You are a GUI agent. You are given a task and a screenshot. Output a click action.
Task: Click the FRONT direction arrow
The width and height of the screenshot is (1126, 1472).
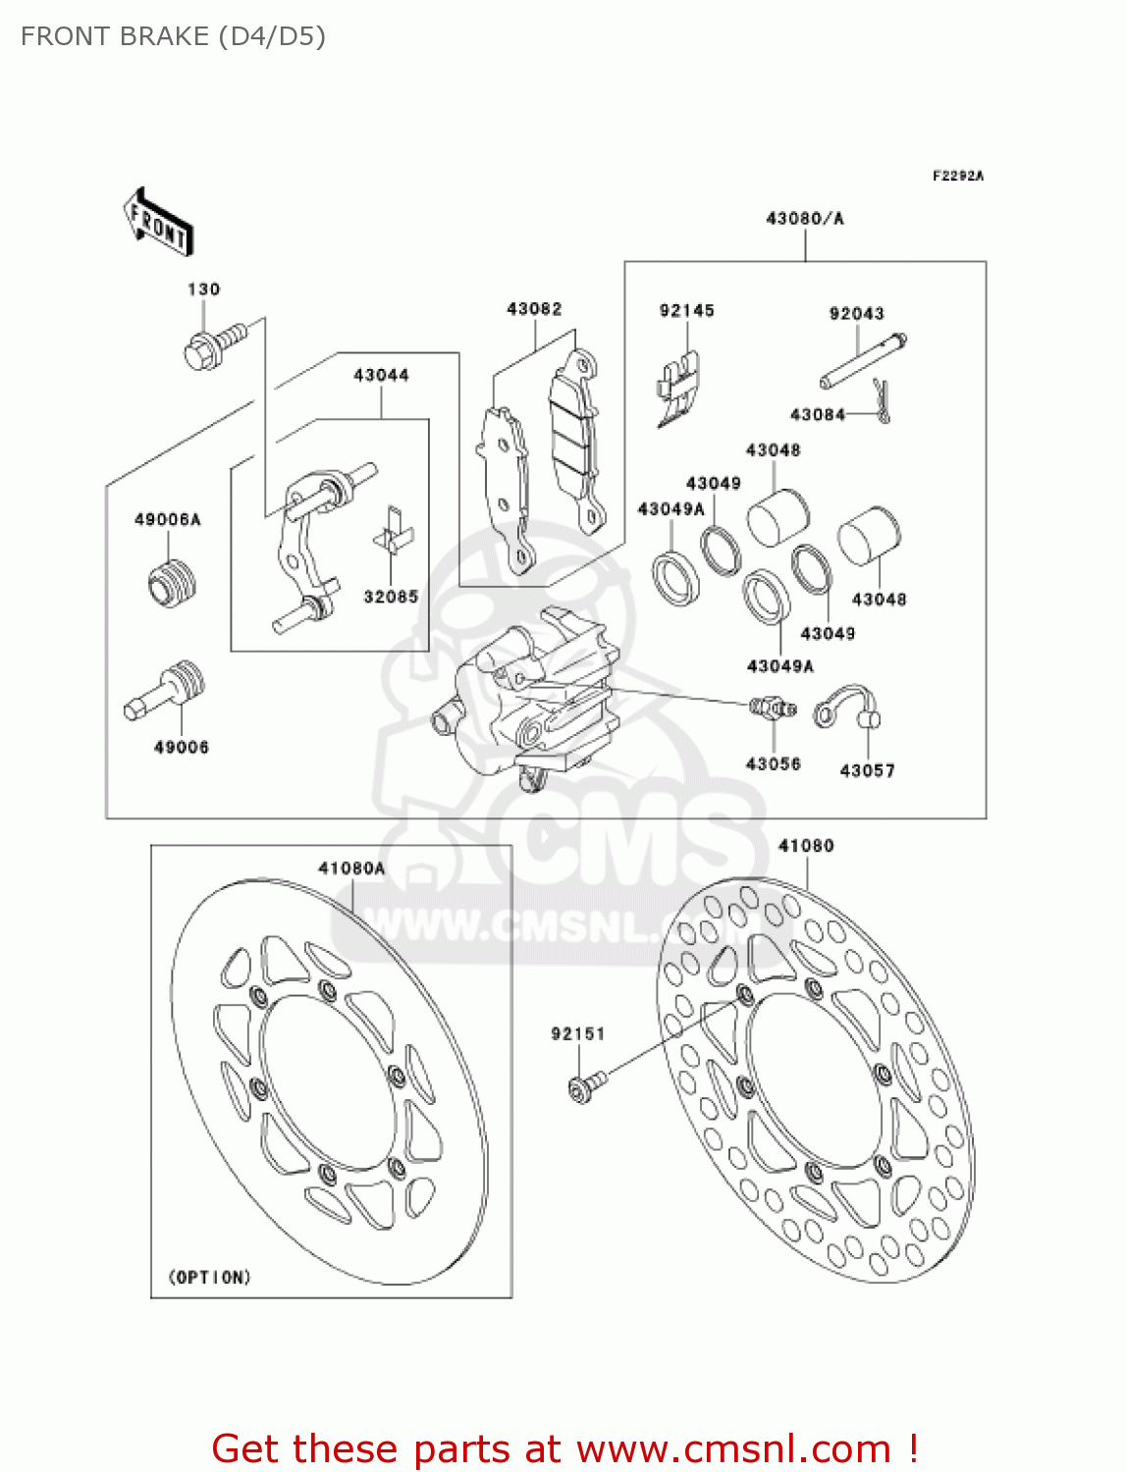click(x=158, y=223)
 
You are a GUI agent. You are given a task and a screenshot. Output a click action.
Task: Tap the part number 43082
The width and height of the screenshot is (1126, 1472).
click(x=534, y=309)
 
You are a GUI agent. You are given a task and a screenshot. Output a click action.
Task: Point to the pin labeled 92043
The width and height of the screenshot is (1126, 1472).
click(x=862, y=362)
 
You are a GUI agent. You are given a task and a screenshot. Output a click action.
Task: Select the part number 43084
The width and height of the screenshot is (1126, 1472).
click(x=817, y=415)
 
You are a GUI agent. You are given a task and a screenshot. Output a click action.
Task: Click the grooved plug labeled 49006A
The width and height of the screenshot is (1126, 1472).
click(x=172, y=582)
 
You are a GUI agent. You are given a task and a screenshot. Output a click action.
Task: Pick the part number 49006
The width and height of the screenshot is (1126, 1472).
click(x=182, y=748)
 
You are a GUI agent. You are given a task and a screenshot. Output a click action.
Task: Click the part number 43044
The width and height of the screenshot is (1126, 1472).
click(x=381, y=375)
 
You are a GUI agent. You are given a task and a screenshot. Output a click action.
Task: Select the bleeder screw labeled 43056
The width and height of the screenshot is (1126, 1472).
click(x=772, y=708)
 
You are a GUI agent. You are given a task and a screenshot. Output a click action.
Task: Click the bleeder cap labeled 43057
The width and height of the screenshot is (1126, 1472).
click(x=847, y=709)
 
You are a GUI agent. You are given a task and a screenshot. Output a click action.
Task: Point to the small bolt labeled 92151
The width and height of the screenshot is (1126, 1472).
click(x=586, y=1085)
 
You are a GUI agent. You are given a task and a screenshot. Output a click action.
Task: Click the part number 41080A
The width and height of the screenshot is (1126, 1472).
click(x=351, y=868)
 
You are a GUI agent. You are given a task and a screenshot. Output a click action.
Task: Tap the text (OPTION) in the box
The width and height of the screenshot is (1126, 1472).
click(x=210, y=1277)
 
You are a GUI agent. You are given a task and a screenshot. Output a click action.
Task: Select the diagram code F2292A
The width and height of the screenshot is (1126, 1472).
click(x=957, y=177)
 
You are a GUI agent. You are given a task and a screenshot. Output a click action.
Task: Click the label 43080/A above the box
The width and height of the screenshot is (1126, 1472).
click(x=804, y=219)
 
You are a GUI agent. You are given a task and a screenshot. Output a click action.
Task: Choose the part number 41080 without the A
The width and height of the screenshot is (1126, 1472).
click(x=806, y=846)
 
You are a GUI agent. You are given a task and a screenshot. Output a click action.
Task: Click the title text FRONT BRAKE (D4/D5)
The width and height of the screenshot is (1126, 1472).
click(x=173, y=37)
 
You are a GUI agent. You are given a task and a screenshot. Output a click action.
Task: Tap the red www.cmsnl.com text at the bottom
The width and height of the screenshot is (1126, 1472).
click(x=732, y=1449)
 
